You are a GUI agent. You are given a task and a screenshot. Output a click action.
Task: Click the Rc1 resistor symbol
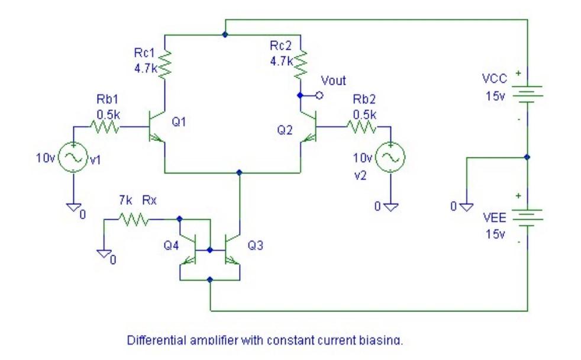(x=165, y=65)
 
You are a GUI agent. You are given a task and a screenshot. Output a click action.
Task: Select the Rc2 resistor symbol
(x=301, y=65)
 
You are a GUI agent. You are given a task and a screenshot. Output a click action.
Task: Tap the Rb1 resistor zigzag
(x=105, y=127)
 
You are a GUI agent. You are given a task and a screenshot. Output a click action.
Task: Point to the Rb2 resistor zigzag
(x=362, y=127)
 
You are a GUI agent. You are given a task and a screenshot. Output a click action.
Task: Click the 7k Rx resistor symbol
(x=134, y=220)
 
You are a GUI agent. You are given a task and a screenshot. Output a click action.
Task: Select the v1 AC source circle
(x=73, y=157)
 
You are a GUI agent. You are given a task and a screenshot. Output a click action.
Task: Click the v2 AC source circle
(x=390, y=157)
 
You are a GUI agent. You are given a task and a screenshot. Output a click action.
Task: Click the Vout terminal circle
(x=319, y=95)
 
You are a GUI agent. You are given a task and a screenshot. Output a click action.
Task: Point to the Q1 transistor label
(x=179, y=121)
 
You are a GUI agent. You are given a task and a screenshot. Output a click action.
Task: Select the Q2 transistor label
(x=285, y=130)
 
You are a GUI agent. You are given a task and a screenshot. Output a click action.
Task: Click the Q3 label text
(x=256, y=245)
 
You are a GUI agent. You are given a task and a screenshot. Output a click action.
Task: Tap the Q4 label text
(x=171, y=245)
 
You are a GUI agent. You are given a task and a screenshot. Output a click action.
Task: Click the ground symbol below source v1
(x=74, y=207)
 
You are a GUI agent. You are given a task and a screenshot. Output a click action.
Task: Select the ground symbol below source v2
(x=390, y=207)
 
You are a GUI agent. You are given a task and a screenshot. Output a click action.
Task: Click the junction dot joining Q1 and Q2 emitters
(x=239, y=172)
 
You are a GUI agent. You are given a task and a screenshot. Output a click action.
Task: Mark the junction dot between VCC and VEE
(x=527, y=157)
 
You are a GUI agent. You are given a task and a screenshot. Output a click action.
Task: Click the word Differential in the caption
(x=156, y=340)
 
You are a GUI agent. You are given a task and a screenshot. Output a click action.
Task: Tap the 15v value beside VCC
(x=495, y=96)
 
